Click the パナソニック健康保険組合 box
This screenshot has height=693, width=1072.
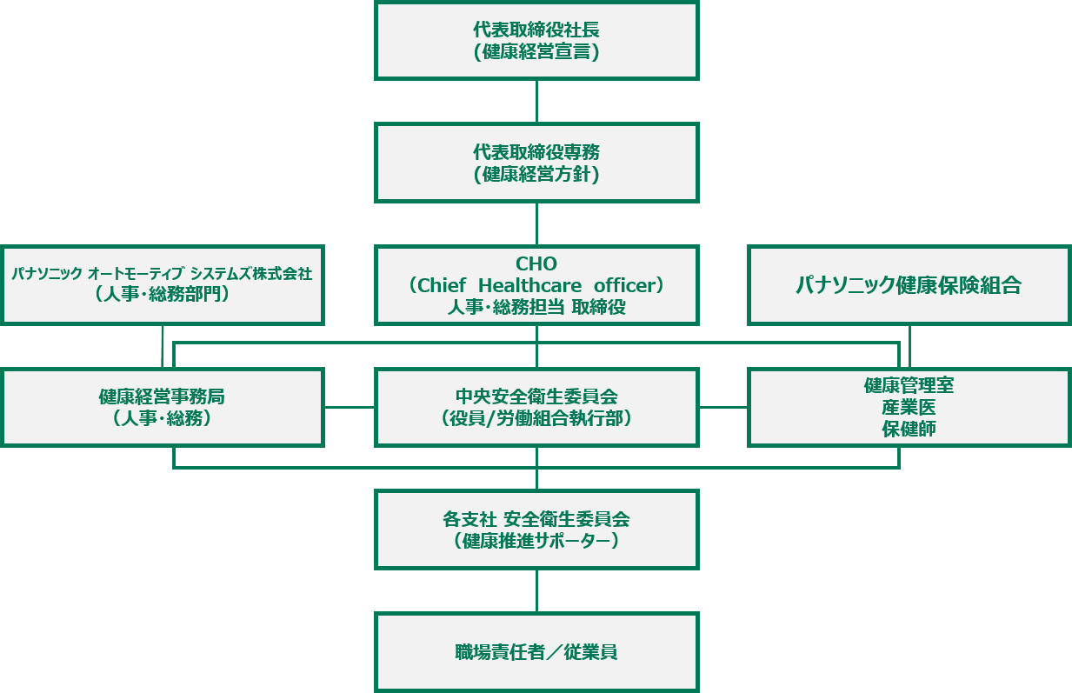[x=909, y=285]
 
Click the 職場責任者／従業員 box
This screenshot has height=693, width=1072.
[x=536, y=652]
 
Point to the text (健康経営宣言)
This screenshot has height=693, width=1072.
[x=536, y=52]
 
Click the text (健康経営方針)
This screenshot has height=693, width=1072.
[x=536, y=175]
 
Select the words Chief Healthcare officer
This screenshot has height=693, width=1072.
[x=536, y=285]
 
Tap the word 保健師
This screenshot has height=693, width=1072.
[x=909, y=430]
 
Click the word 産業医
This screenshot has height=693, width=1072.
[x=909, y=408]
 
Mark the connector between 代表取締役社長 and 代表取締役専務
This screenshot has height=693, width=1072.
[x=536, y=101]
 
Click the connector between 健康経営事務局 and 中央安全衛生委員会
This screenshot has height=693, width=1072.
[x=350, y=407]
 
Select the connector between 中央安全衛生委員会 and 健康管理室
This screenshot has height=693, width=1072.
[x=723, y=407]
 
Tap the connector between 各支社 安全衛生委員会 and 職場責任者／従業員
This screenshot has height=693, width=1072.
[x=536, y=591]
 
